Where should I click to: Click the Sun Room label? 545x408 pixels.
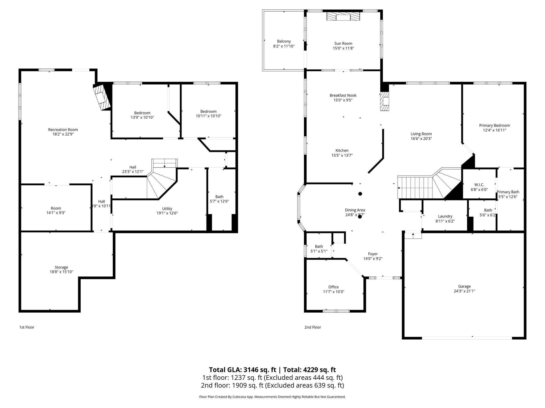point(343,43)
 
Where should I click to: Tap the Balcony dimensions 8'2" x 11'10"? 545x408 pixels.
point(284,46)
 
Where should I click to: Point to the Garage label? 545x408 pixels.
point(464,286)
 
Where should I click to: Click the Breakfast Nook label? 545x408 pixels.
point(343,95)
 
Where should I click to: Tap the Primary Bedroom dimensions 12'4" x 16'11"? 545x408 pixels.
point(494,130)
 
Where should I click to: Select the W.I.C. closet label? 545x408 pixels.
point(479,185)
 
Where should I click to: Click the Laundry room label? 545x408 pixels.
point(445,216)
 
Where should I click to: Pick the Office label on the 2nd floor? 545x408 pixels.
point(333,287)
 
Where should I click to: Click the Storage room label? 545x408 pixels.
point(61,267)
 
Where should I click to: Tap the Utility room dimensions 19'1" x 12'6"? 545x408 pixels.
point(167,213)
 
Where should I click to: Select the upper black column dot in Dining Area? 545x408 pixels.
point(360,194)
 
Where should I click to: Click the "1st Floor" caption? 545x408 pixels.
point(27,327)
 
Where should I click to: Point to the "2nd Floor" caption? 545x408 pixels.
point(312,327)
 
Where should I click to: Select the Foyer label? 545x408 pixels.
point(373,254)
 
